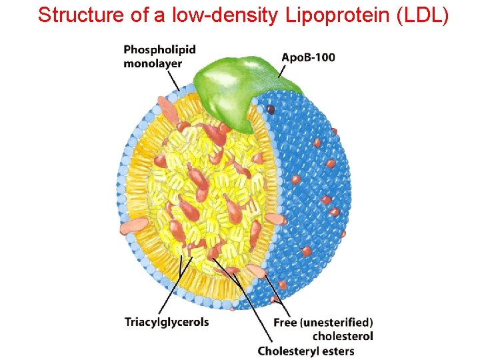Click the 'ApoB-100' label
[308, 57]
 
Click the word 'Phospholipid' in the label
[159, 49]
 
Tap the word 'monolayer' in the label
[153, 63]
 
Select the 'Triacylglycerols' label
[167, 322]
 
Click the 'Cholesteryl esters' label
[306, 351]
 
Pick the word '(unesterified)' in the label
[336, 323]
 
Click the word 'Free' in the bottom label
[285, 323]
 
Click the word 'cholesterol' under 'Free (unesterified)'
[343, 336]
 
